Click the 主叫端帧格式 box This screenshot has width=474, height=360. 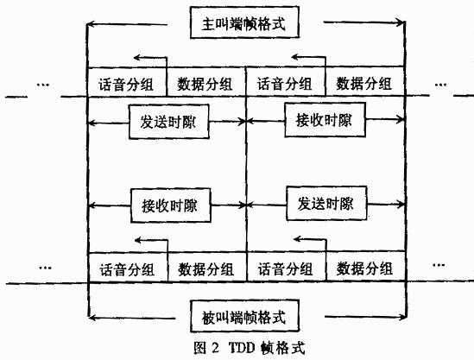click(244, 22)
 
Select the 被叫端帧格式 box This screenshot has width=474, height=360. click(245, 316)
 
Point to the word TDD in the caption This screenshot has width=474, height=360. click(242, 348)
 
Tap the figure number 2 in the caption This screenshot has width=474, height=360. click(215, 348)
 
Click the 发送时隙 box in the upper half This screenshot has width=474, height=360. click(169, 122)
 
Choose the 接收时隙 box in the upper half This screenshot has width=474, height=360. click(325, 120)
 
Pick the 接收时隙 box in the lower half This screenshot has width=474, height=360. click(170, 205)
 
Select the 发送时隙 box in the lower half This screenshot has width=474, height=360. click(326, 204)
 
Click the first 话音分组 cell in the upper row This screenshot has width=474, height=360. click(127, 82)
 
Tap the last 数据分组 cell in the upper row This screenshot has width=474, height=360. click(365, 81)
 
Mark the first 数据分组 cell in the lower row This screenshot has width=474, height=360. click(207, 267)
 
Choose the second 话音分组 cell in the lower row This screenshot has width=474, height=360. click(287, 266)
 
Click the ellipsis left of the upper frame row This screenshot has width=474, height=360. click(42, 85)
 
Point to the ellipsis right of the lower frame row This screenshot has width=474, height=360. click(439, 265)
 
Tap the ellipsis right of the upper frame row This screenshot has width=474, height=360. click(440, 85)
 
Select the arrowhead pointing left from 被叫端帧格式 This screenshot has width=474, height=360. click(92, 318)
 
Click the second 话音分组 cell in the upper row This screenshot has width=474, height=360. click(286, 82)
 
